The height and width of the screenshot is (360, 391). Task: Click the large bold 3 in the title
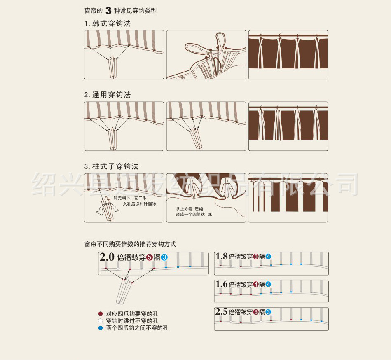click(108, 11)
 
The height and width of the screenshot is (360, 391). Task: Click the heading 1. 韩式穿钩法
click(108, 24)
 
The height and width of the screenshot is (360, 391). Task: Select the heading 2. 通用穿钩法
click(108, 95)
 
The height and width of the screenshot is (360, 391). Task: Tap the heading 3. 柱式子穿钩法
click(111, 166)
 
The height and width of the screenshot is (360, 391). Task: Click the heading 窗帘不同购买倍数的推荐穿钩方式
click(130, 244)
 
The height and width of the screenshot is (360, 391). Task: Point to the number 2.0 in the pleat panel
click(107, 257)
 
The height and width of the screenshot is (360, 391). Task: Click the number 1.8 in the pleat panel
click(221, 256)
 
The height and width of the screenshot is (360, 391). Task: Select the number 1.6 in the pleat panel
click(221, 284)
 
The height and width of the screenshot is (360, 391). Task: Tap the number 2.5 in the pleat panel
click(221, 312)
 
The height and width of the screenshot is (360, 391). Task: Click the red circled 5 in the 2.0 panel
click(150, 257)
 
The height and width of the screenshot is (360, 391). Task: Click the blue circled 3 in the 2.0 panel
click(164, 257)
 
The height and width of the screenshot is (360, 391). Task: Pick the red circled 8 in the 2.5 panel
click(256, 312)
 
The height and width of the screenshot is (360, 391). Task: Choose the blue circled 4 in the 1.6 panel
click(268, 285)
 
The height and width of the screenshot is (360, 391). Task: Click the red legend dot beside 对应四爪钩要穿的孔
click(101, 313)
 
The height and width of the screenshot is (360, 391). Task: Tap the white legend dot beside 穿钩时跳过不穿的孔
click(101, 321)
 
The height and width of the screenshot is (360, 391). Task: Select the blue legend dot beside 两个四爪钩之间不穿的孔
click(101, 328)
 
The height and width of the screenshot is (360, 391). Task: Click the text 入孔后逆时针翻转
click(139, 204)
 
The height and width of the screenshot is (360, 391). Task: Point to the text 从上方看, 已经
click(190, 209)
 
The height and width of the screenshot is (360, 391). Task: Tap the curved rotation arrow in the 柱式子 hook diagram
click(107, 208)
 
